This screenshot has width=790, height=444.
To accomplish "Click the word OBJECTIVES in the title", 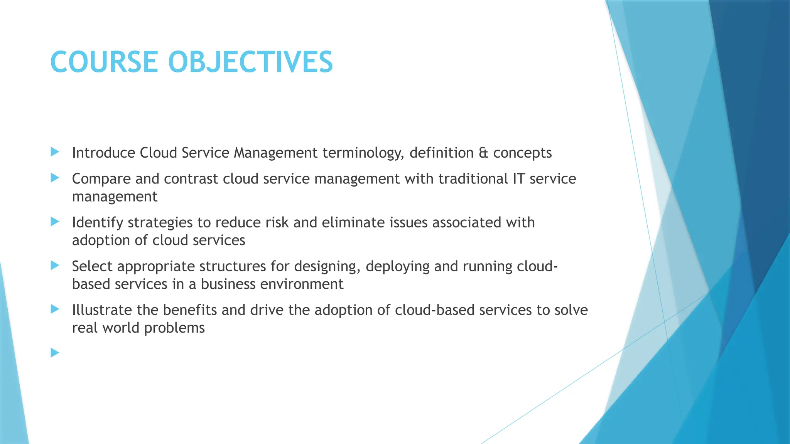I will click(250, 62).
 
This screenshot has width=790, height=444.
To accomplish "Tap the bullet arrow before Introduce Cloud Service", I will click(55, 152).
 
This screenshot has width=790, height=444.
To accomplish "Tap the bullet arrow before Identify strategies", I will click(55, 222).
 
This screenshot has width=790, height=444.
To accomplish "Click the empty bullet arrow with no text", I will click(55, 353).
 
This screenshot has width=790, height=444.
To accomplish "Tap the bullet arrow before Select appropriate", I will click(55, 265).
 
